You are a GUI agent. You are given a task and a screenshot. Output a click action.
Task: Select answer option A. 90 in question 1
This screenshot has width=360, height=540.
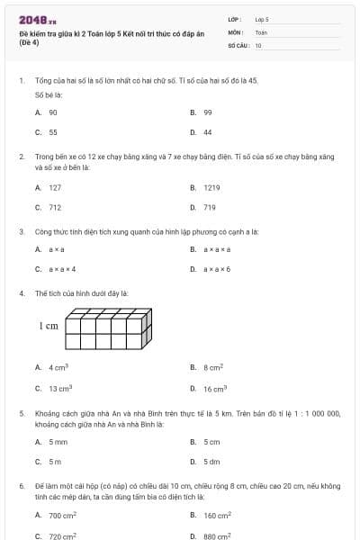[x=47, y=112]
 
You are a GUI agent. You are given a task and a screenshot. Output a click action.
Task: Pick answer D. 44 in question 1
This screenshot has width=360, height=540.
[x=202, y=132]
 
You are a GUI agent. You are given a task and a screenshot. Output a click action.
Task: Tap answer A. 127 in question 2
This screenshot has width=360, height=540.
[x=49, y=187]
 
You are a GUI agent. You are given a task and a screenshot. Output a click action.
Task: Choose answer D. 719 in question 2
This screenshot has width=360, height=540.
[x=203, y=207]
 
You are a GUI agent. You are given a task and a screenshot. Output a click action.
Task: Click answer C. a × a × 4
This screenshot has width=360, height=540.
[x=56, y=268]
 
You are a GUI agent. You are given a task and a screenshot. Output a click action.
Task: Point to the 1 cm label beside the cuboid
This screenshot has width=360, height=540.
[x=49, y=325]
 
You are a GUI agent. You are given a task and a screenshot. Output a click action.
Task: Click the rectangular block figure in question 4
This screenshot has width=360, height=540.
[x=109, y=328]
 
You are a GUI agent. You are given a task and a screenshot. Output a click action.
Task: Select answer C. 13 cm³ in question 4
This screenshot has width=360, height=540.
[x=53, y=388]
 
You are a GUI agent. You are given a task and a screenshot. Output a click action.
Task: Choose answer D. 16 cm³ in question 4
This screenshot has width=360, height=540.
[x=208, y=388]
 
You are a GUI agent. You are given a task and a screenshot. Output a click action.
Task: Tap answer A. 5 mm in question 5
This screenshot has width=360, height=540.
[x=51, y=442]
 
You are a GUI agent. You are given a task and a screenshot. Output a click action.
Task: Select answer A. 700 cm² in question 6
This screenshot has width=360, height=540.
[x=56, y=516]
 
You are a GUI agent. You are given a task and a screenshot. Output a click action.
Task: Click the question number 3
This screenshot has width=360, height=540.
[x=22, y=231]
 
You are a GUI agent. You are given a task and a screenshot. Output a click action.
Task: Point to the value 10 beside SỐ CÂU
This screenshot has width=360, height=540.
[x=258, y=44]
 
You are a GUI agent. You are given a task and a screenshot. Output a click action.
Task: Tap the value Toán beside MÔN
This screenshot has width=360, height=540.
[x=261, y=31]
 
